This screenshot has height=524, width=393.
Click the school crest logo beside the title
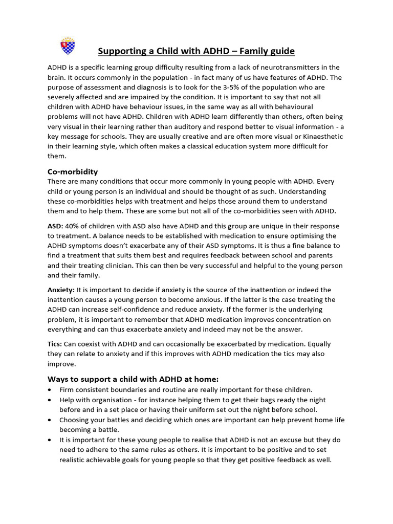click(x=68, y=46)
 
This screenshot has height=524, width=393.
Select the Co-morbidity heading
click(x=73, y=171)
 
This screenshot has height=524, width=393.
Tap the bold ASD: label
click(x=55, y=226)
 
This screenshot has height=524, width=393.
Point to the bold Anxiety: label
click(x=61, y=290)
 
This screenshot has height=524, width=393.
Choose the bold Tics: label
click(x=55, y=344)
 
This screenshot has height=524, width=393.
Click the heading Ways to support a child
click(x=133, y=379)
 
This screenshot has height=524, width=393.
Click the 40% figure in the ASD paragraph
click(x=73, y=226)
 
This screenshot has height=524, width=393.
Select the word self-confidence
click(x=135, y=309)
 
